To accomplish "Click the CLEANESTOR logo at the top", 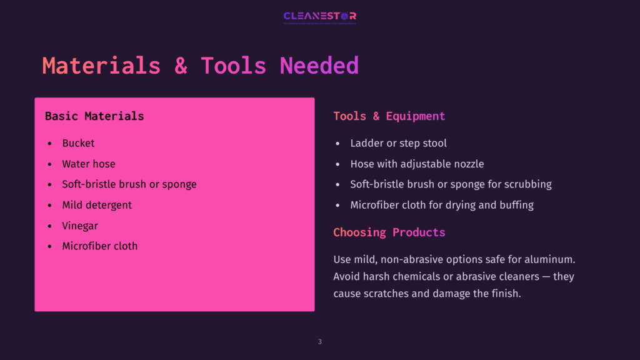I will (x=319, y=17).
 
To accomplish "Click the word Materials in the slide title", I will (x=101, y=66).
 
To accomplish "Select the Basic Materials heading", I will (x=94, y=116).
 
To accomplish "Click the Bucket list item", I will (x=78, y=143).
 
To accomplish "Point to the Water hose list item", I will (x=89, y=164).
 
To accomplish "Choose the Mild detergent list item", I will (x=97, y=205).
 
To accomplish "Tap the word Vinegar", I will (x=80, y=226).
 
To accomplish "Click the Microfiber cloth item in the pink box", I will (x=99, y=246).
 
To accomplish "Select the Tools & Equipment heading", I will (x=389, y=116).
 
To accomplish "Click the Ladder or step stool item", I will (x=398, y=143).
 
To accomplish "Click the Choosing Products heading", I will (x=389, y=232).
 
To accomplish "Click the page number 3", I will (x=319, y=341).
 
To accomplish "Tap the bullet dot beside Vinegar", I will (x=50, y=226).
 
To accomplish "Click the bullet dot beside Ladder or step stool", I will (x=338, y=144).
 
